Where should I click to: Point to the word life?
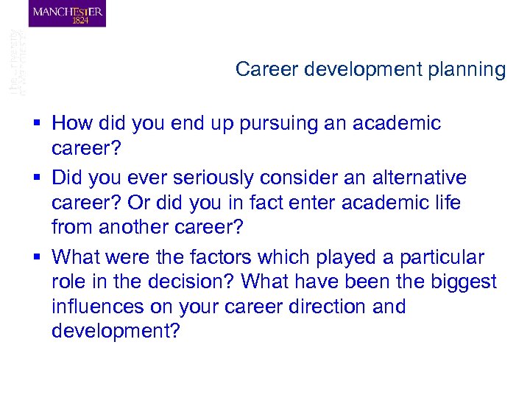[444, 203]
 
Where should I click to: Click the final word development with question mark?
[116, 331]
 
